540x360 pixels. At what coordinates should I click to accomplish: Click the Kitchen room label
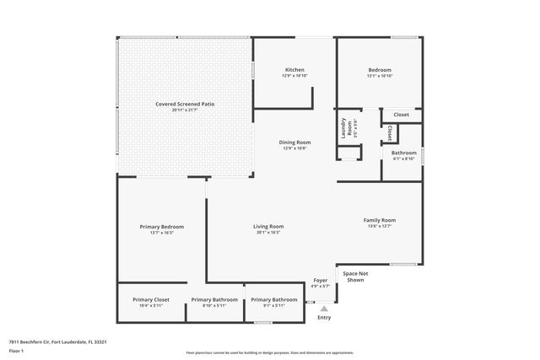[294, 69]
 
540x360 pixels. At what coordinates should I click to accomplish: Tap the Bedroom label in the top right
[380, 69]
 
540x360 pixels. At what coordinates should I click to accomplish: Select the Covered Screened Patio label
[185, 104]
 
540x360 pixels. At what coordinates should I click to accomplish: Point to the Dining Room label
[295, 142]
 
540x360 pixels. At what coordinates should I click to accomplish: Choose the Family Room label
[380, 220]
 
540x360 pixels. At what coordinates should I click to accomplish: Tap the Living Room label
[268, 226]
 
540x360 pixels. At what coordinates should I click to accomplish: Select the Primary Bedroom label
[162, 226]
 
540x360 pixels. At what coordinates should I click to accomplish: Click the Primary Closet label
[151, 299]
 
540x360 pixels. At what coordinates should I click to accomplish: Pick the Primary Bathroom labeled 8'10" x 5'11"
[214, 299]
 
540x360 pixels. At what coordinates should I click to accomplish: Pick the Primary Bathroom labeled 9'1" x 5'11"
[273, 299]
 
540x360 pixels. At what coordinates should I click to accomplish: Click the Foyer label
[321, 280]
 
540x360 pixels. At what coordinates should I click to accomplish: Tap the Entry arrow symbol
[324, 309]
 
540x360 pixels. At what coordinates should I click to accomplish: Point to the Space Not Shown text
[354, 277]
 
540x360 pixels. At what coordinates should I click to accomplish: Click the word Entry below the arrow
[324, 318]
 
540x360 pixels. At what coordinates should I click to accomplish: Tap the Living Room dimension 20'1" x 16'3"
[268, 232]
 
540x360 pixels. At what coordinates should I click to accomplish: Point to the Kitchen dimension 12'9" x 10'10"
[294, 76]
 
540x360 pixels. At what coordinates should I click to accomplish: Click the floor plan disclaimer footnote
[269, 352]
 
